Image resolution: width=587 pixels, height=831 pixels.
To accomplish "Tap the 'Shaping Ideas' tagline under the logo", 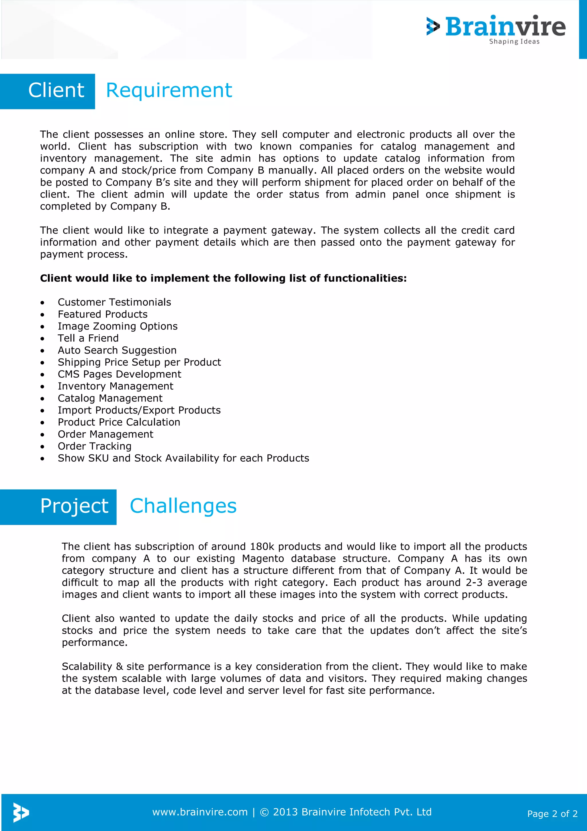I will click(x=514, y=42).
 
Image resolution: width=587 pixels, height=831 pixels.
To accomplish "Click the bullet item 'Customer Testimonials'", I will click(x=114, y=302).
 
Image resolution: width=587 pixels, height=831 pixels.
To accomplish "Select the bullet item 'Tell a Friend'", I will click(x=88, y=338).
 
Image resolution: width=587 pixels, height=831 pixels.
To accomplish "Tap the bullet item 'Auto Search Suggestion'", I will click(x=117, y=350).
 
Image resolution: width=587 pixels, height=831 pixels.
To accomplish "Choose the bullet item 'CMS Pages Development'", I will click(x=119, y=374).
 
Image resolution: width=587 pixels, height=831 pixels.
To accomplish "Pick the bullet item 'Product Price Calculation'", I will click(x=119, y=422).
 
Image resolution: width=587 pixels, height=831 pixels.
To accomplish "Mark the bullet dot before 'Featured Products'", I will click(x=43, y=315).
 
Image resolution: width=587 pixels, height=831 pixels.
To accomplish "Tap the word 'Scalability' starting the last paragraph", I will click(x=87, y=666).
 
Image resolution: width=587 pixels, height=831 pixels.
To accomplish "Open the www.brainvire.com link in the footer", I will click(x=200, y=812).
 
